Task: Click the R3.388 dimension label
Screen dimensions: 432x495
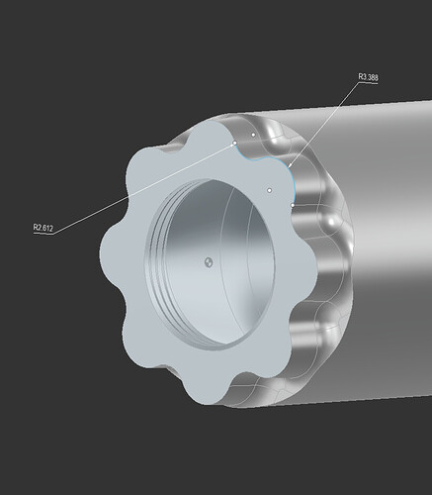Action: coord(368,77)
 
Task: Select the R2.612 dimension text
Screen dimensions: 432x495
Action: coord(43,228)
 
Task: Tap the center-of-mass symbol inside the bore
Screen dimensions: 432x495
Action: coord(209,262)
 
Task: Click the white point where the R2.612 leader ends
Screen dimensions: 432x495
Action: coord(235,144)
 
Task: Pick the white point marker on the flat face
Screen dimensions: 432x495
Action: coord(269,190)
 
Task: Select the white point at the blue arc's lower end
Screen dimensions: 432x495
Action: coord(293,205)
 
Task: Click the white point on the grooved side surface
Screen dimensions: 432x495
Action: coord(253,135)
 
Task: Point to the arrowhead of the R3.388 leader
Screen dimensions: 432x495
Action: coord(290,164)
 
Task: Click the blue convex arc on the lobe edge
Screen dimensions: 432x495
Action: coord(292,180)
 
